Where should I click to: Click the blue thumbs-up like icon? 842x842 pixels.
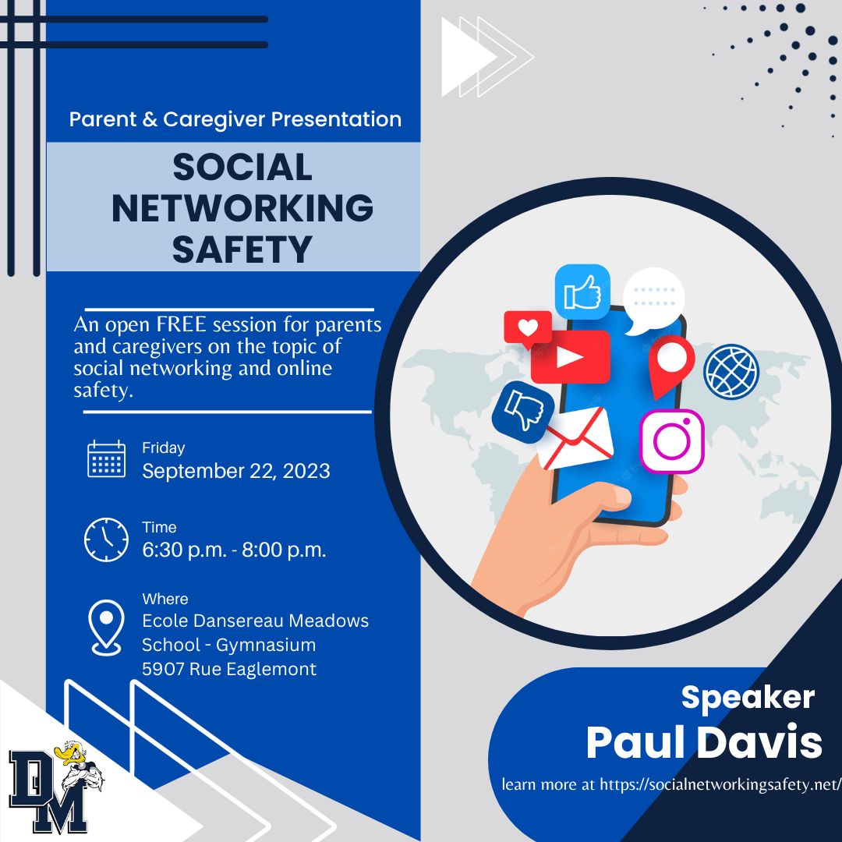(x=582, y=292)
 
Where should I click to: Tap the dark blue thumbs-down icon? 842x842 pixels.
(x=523, y=412)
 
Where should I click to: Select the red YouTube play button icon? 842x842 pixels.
(x=570, y=356)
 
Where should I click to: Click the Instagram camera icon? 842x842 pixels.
(x=672, y=441)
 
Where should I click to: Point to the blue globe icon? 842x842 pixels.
(x=731, y=371)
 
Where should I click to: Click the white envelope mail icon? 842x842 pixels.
(x=575, y=438)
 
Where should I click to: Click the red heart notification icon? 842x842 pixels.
(x=527, y=329)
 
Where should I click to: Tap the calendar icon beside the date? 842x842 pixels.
(x=106, y=458)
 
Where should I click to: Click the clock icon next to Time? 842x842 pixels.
(x=106, y=540)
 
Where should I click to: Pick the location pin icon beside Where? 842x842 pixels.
(x=106, y=627)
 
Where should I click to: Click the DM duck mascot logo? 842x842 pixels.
(x=56, y=786)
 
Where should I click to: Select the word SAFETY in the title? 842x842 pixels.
(x=242, y=249)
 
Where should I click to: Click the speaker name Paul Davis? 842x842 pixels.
(x=704, y=742)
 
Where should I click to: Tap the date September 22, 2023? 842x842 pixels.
(x=235, y=471)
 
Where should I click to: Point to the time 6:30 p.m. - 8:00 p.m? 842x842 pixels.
(x=234, y=550)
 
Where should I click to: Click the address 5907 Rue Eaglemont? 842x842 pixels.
(x=229, y=669)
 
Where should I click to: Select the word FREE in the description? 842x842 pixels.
(x=182, y=324)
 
